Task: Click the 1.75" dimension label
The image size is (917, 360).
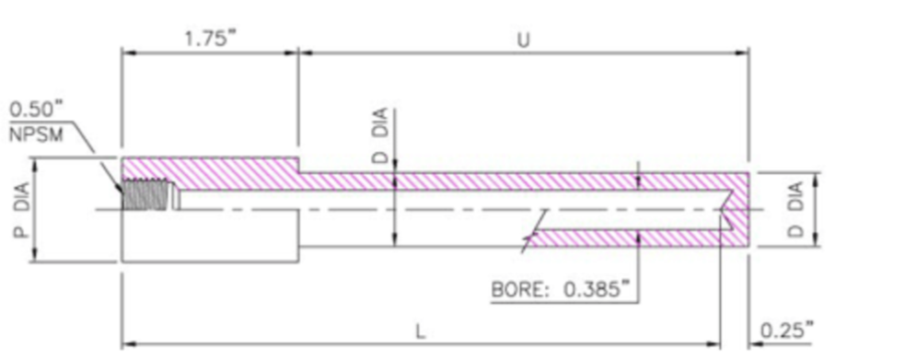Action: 209,40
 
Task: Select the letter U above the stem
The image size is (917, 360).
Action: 524,40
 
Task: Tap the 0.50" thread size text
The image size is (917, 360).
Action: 36,110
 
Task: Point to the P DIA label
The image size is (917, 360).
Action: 22,210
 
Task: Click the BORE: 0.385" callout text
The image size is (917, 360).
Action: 563,289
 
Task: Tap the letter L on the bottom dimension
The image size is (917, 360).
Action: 421,332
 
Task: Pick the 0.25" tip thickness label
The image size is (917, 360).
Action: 786,330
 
